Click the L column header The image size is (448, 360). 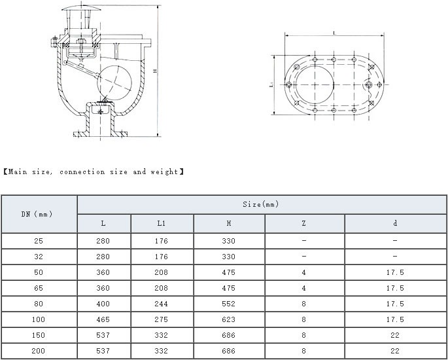pyautogui.click(x=103, y=223)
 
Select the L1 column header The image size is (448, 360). pyautogui.click(x=162, y=223)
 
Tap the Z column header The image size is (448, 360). pyautogui.click(x=303, y=223)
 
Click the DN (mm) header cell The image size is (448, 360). pyautogui.click(x=37, y=214)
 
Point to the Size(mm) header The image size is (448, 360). pyautogui.click(x=260, y=204)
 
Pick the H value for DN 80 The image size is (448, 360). pyautogui.click(x=228, y=304)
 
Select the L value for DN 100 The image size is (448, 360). pyautogui.click(x=103, y=319)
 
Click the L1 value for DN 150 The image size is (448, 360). pyautogui.click(x=161, y=335)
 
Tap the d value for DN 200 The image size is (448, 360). pyautogui.click(x=395, y=351)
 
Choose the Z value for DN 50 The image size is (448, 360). pyautogui.click(x=303, y=272)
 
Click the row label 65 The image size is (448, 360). pyautogui.click(x=39, y=288)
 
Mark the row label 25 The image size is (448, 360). pyautogui.click(x=39, y=241)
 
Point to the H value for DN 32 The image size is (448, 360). pyautogui.click(x=228, y=257)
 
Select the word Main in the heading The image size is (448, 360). pyautogui.click(x=18, y=171)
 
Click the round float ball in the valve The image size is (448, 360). pyautogui.click(x=114, y=83)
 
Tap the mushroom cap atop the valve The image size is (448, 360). pyautogui.click(x=82, y=8)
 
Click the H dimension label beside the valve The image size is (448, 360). pyautogui.click(x=155, y=70)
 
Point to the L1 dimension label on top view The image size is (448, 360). pyautogui.click(x=271, y=85)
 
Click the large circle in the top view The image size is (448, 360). pyautogui.click(x=315, y=85)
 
